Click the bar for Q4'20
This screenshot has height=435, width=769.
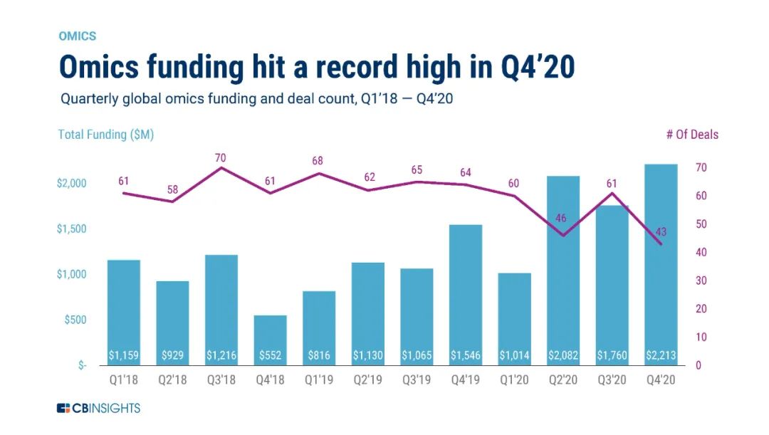pyautogui.click(x=660, y=263)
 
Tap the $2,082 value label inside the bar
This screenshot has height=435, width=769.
pyautogui.click(x=563, y=355)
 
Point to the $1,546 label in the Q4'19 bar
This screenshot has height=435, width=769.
pyautogui.click(x=465, y=355)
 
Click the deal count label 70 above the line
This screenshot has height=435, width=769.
pyautogui.click(x=221, y=157)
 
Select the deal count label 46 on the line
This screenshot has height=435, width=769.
pyautogui.click(x=563, y=219)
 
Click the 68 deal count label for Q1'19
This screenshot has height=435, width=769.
pyautogui.click(x=318, y=162)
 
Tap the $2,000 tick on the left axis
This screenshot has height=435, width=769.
pyautogui.click(x=70, y=183)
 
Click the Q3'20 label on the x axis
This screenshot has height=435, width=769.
pyautogui.click(x=612, y=380)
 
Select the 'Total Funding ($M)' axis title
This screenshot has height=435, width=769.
pyautogui.click(x=105, y=134)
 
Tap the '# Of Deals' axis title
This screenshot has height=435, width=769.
pyautogui.click(x=692, y=134)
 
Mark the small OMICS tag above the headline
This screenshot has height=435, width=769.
pyautogui.click(x=77, y=36)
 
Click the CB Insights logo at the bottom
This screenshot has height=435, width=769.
pyautogui.click(x=99, y=408)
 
